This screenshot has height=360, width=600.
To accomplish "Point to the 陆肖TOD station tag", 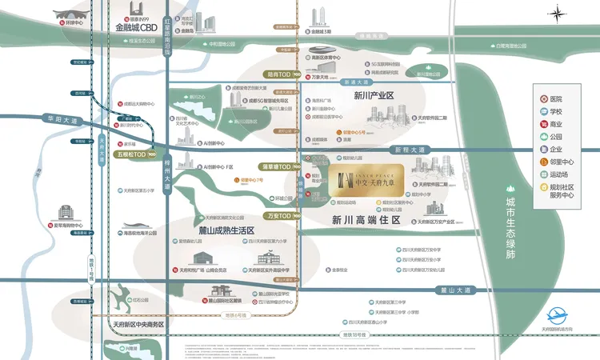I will pos(281,74).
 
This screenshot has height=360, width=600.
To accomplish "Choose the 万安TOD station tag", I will pos(282,216).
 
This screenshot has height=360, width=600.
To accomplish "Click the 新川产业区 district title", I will pos(374,96).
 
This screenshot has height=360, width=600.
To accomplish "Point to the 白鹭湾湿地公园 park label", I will pos(513,46).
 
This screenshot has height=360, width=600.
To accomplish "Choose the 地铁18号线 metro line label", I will pos(355,334).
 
